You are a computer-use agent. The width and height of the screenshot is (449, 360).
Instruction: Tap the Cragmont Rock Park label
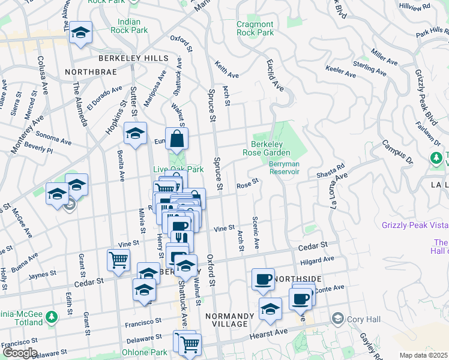click(255, 28)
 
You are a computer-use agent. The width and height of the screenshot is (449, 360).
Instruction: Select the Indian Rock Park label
click(129, 26)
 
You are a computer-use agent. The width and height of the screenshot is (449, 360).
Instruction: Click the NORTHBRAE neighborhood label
click(90, 72)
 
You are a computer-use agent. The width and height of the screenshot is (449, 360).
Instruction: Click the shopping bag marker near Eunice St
click(177, 140)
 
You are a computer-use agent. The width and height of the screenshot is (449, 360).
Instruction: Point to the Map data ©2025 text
click(423, 355)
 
